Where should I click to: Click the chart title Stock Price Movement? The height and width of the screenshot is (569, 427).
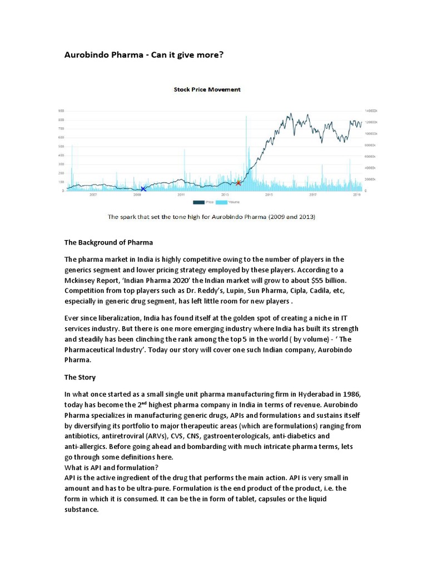[x=207, y=89]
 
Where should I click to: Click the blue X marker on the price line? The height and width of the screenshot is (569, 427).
[x=143, y=189]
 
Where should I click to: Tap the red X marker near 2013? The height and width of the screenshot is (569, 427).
[x=239, y=182]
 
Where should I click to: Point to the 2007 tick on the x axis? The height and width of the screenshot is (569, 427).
[x=93, y=195]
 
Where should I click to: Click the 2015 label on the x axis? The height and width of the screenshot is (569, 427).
[x=269, y=195]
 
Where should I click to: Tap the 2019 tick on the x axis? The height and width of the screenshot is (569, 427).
[x=356, y=195]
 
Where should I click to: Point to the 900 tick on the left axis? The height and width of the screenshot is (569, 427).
[x=61, y=111]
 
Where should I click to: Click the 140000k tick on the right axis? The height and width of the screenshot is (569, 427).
[x=371, y=111]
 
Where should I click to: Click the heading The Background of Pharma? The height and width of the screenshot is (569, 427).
[x=108, y=243]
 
